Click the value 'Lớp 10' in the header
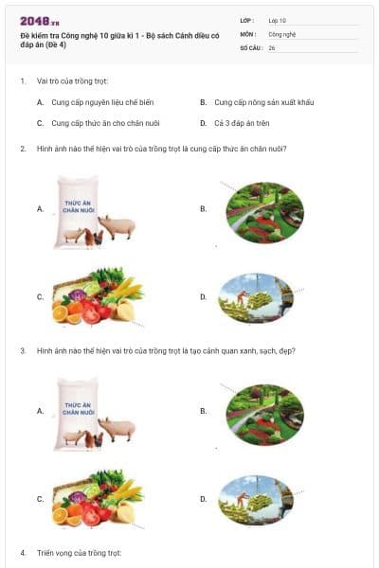click(x=277, y=20)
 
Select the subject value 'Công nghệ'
click(x=282, y=33)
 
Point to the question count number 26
click(x=272, y=47)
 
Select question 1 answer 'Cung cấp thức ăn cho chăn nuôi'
click(x=99, y=123)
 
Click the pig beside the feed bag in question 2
click(x=119, y=226)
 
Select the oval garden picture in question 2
click(x=264, y=209)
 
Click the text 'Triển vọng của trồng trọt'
click(x=80, y=552)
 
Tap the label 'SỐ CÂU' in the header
click(x=249, y=47)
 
